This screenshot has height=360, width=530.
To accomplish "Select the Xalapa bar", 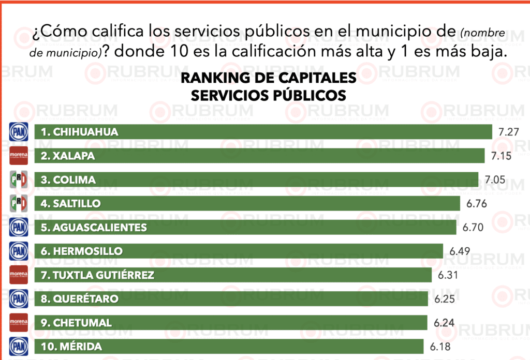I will (259, 156).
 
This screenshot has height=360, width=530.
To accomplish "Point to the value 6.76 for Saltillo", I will (476, 203).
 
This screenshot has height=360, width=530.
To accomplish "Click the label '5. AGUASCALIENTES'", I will (94, 227).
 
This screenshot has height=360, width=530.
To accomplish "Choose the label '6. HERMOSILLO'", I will (82, 251).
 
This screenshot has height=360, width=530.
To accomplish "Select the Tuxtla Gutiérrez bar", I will (233, 275).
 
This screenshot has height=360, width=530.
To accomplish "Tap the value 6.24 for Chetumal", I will (444, 323).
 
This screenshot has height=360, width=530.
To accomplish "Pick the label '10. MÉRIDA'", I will (71, 347).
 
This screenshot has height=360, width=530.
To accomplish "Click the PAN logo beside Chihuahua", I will (18, 132).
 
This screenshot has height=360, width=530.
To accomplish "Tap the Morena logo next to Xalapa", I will (18, 156).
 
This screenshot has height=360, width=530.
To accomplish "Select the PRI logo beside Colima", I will (18, 179).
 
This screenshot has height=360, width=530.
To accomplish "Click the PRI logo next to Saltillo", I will (18, 203).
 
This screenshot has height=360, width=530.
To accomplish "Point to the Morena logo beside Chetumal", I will (18, 323).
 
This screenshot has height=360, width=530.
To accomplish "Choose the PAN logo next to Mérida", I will (18, 346).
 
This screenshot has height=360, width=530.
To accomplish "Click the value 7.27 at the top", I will (508, 132).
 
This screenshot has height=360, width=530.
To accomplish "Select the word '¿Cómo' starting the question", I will (51, 32).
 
